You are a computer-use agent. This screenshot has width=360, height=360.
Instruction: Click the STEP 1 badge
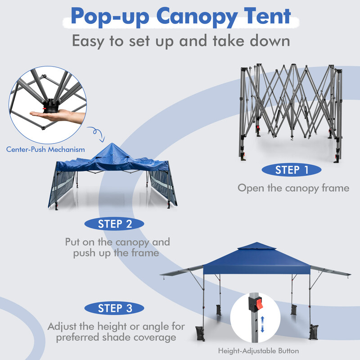tap(292, 170)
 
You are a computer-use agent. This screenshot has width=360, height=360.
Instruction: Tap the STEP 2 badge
tap(115, 223)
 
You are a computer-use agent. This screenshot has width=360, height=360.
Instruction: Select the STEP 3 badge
tap(115, 308)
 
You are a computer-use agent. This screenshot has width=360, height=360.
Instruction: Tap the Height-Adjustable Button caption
tap(259, 350)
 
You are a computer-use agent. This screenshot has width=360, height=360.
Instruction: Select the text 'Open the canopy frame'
tap(293, 188)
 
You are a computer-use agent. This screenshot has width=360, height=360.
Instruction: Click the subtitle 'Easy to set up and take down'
tap(180, 41)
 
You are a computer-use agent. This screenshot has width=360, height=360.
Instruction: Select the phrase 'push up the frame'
tap(117, 253)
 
